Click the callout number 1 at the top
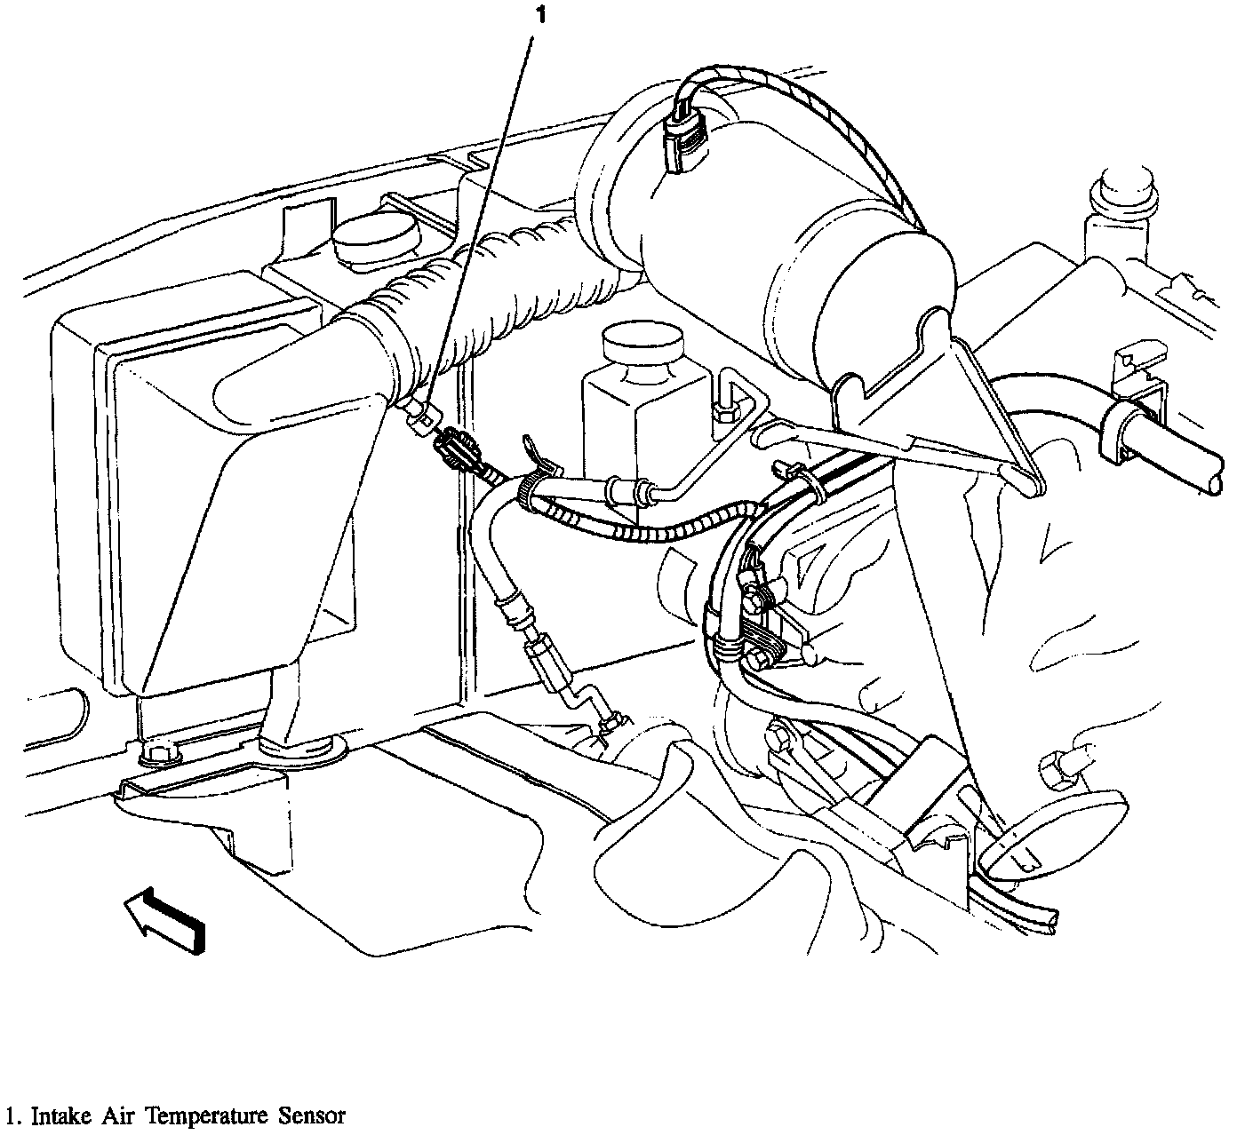click(541, 15)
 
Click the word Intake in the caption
click(60, 1115)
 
